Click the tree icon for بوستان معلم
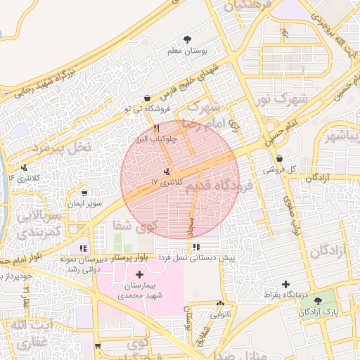pos(187,39)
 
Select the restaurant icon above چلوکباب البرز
pos(156,129)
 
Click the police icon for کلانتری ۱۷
pos(167,172)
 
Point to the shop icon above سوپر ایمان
pos(85,193)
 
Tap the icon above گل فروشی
pos(280,159)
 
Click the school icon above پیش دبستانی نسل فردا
pos(196,247)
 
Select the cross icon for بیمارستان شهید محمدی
pos(139,274)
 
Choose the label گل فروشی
pos(279,170)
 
